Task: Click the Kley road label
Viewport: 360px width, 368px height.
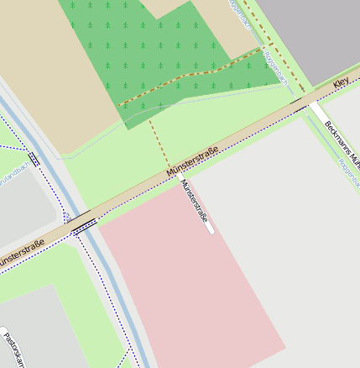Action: tap(341, 82)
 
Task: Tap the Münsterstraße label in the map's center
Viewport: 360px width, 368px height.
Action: tap(193, 161)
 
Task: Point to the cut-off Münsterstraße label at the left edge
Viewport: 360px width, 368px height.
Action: tap(20, 255)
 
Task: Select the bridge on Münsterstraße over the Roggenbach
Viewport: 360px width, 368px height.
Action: tap(298, 102)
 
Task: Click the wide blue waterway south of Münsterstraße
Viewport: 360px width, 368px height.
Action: tap(117, 294)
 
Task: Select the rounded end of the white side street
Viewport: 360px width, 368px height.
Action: tap(210, 229)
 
